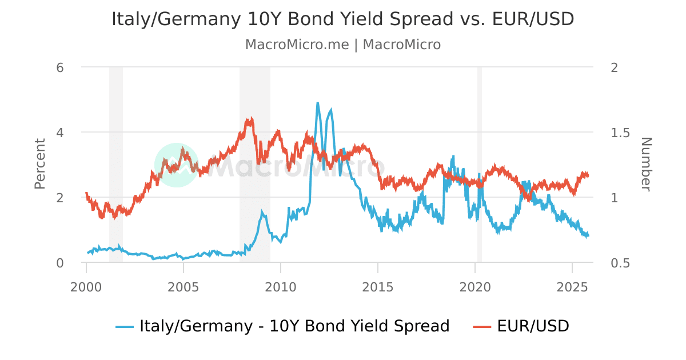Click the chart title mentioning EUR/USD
pyautogui.click(x=342, y=19)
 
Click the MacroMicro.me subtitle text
pyautogui.click(x=342, y=45)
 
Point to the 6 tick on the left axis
pyautogui.click(x=59, y=67)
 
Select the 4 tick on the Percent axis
pyautogui.click(x=59, y=133)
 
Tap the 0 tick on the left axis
pyautogui.click(x=59, y=263)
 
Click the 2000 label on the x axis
pyautogui.click(x=86, y=286)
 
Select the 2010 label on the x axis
pyautogui.click(x=281, y=286)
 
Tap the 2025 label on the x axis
pyautogui.click(x=572, y=286)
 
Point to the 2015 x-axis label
pyautogui.click(x=378, y=286)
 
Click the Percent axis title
pyautogui.click(x=39, y=164)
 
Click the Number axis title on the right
pyautogui.click(x=646, y=164)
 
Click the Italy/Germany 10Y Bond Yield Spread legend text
pyautogui.click(x=294, y=326)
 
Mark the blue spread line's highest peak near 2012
pyautogui.click(x=317, y=103)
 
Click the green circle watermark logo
pyautogui.click(x=177, y=165)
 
